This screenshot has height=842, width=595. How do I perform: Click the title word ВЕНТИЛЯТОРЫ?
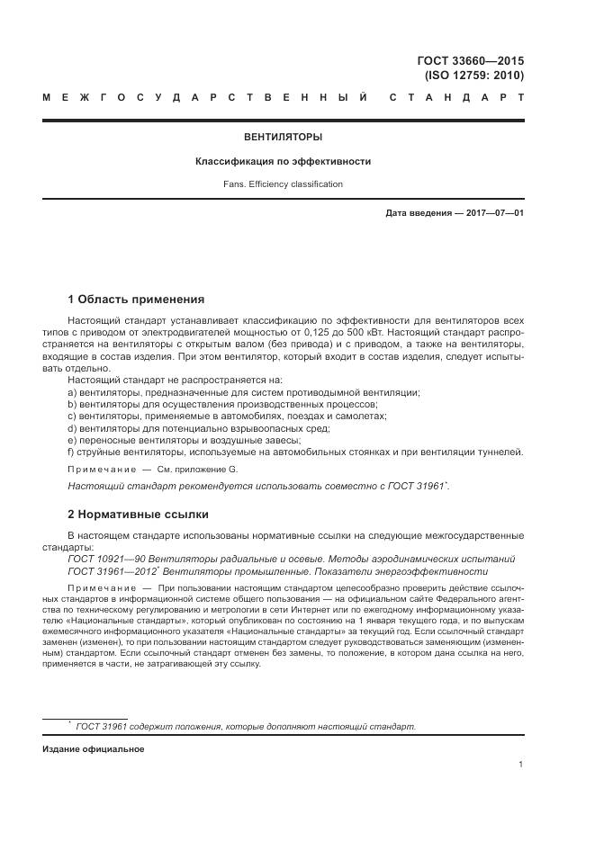pos(284,138)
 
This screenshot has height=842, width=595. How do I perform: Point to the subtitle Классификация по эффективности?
pos(284,162)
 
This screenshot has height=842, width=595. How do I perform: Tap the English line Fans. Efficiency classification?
pos(284,184)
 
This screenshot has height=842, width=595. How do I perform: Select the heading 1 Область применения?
pos(136,300)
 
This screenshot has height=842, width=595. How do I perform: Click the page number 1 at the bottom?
pos(521,765)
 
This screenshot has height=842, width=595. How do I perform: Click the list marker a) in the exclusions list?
pos(73,393)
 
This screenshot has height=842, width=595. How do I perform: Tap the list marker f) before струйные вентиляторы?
pos(72,452)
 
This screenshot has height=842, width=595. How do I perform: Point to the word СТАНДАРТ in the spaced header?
pos(456,96)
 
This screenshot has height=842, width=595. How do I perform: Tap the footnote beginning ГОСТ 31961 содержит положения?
pos(245,726)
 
